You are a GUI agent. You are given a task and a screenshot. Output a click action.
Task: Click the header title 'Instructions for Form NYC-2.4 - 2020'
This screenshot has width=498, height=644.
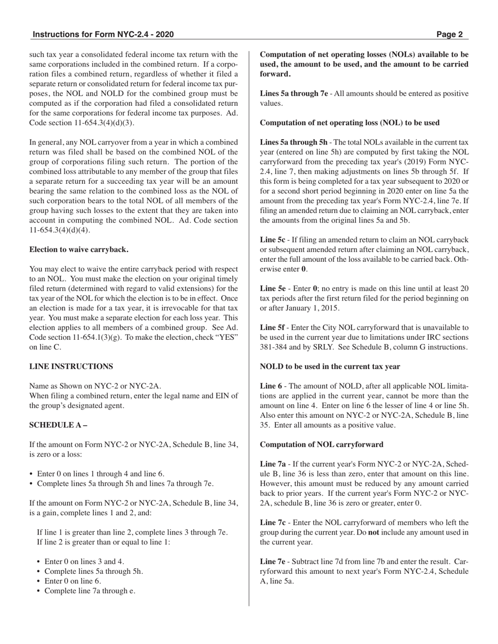[x=103, y=35]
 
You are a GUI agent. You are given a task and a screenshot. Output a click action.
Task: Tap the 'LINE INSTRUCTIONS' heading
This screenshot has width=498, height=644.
[x=71, y=367]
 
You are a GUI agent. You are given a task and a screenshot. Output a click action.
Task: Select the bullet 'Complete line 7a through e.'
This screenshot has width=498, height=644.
[x=90, y=591]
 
